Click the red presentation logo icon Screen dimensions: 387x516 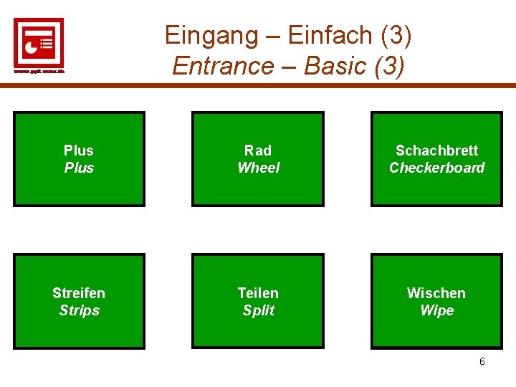pos(39,42)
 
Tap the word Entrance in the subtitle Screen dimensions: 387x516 pos(224,66)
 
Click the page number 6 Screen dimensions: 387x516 pos(482,361)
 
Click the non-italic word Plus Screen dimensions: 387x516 pos(79,150)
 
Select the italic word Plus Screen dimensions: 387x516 pos(79,168)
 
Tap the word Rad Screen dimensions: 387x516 pos(258,150)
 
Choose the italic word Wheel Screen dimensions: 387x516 pos(258,168)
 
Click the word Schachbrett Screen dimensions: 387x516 pos(436,150)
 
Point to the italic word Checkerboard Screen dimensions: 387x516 pos(436,168)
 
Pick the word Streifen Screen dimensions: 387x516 pos(79,293)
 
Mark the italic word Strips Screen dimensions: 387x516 pos(79,310)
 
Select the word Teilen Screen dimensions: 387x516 pos(258,293)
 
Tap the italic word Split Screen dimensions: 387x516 pos(258,310)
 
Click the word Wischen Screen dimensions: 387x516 pos(436,293)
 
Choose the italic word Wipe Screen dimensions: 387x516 pos(436,310)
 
